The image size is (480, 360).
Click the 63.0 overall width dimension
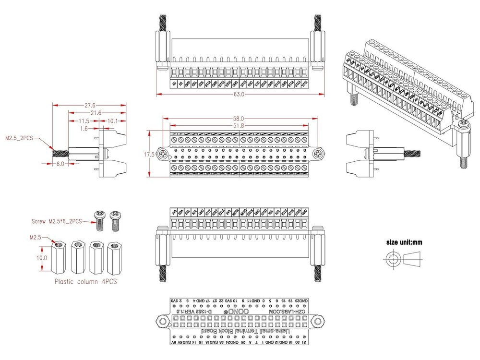click(239, 95)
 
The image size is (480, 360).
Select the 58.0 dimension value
click(239, 118)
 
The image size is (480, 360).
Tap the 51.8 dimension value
click(239, 125)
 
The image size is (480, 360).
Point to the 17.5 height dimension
click(149, 155)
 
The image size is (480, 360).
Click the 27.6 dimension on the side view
click(90, 105)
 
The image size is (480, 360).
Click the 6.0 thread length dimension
click(60, 164)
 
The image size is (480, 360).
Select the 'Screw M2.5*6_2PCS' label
click(57, 221)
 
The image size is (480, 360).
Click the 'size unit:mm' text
click(404, 242)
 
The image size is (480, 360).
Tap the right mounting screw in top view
click(319, 154)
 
